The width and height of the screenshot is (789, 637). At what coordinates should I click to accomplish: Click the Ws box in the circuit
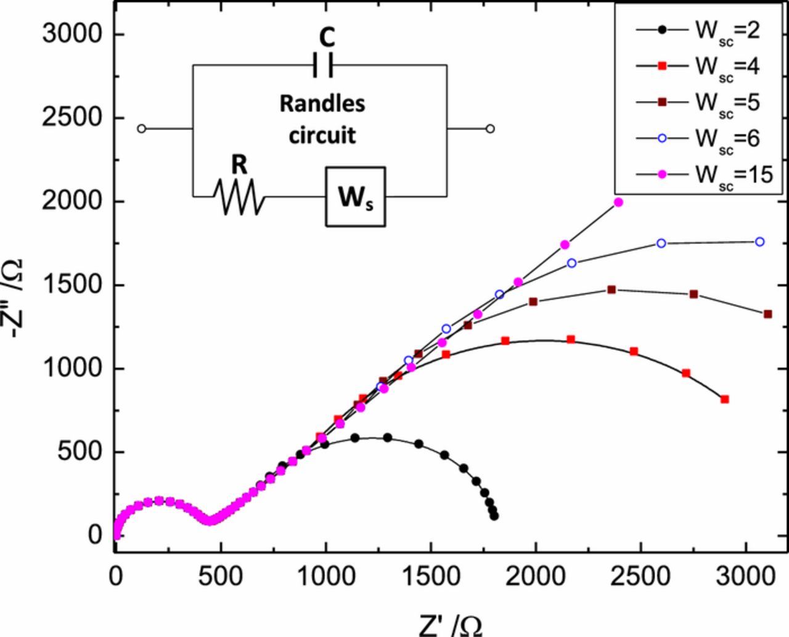[x=355, y=197]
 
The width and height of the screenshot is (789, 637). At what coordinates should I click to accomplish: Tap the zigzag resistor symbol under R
[x=239, y=197]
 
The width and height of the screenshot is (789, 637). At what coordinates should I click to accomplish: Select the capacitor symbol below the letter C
[x=323, y=65]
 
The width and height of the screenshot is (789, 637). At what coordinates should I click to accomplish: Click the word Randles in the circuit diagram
[x=322, y=104]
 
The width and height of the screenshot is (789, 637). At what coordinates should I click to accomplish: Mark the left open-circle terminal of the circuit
[x=141, y=129]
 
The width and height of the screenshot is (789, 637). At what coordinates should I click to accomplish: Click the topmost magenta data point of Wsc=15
[x=618, y=202]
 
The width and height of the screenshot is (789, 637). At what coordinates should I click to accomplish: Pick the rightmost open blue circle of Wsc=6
[x=759, y=242]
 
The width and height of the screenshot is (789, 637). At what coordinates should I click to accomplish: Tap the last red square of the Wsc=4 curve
[x=725, y=400]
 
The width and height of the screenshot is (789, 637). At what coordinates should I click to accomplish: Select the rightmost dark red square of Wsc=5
[x=767, y=314]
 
